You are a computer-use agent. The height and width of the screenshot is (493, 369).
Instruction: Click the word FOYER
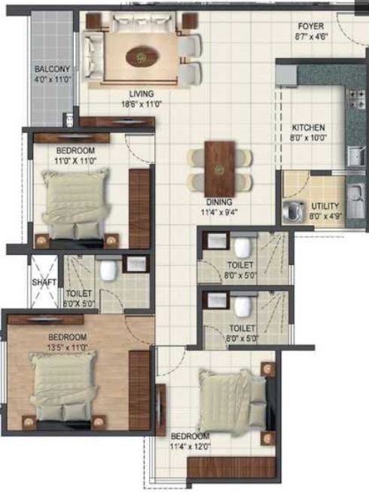click(311, 26)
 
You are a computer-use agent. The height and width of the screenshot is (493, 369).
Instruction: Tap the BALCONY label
click(52, 68)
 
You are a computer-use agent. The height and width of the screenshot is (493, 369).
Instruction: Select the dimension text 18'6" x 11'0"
click(142, 104)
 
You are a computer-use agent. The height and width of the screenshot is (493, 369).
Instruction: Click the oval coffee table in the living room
click(142, 57)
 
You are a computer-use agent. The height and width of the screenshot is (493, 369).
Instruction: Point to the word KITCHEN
click(308, 128)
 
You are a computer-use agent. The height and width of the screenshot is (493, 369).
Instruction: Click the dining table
click(220, 169)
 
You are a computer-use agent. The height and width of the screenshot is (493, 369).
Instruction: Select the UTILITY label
click(325, 206)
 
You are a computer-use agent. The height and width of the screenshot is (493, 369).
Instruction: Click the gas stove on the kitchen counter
click(356, 99)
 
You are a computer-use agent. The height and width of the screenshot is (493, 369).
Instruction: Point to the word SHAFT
click(44, 282)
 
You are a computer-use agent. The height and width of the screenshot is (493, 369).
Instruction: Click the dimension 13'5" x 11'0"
click(68, 348)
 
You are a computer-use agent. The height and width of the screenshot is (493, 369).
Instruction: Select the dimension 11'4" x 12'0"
click(190, 446)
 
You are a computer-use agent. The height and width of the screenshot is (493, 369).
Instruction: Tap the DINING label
click(219, 202)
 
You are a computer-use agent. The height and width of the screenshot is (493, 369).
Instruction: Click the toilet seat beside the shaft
click(108, 269)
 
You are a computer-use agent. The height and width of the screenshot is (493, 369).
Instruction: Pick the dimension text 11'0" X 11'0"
click(76, 160)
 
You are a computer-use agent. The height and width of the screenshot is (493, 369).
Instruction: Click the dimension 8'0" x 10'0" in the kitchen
click(308, 138)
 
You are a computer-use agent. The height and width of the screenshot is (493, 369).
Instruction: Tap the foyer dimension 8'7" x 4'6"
click(312, 36)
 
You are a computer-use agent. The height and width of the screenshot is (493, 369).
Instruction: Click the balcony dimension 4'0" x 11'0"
click(53, 78)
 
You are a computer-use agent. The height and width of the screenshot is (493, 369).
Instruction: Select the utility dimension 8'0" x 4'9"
click(325, 216)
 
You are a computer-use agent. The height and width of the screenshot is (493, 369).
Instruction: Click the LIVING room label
click(142, 93)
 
